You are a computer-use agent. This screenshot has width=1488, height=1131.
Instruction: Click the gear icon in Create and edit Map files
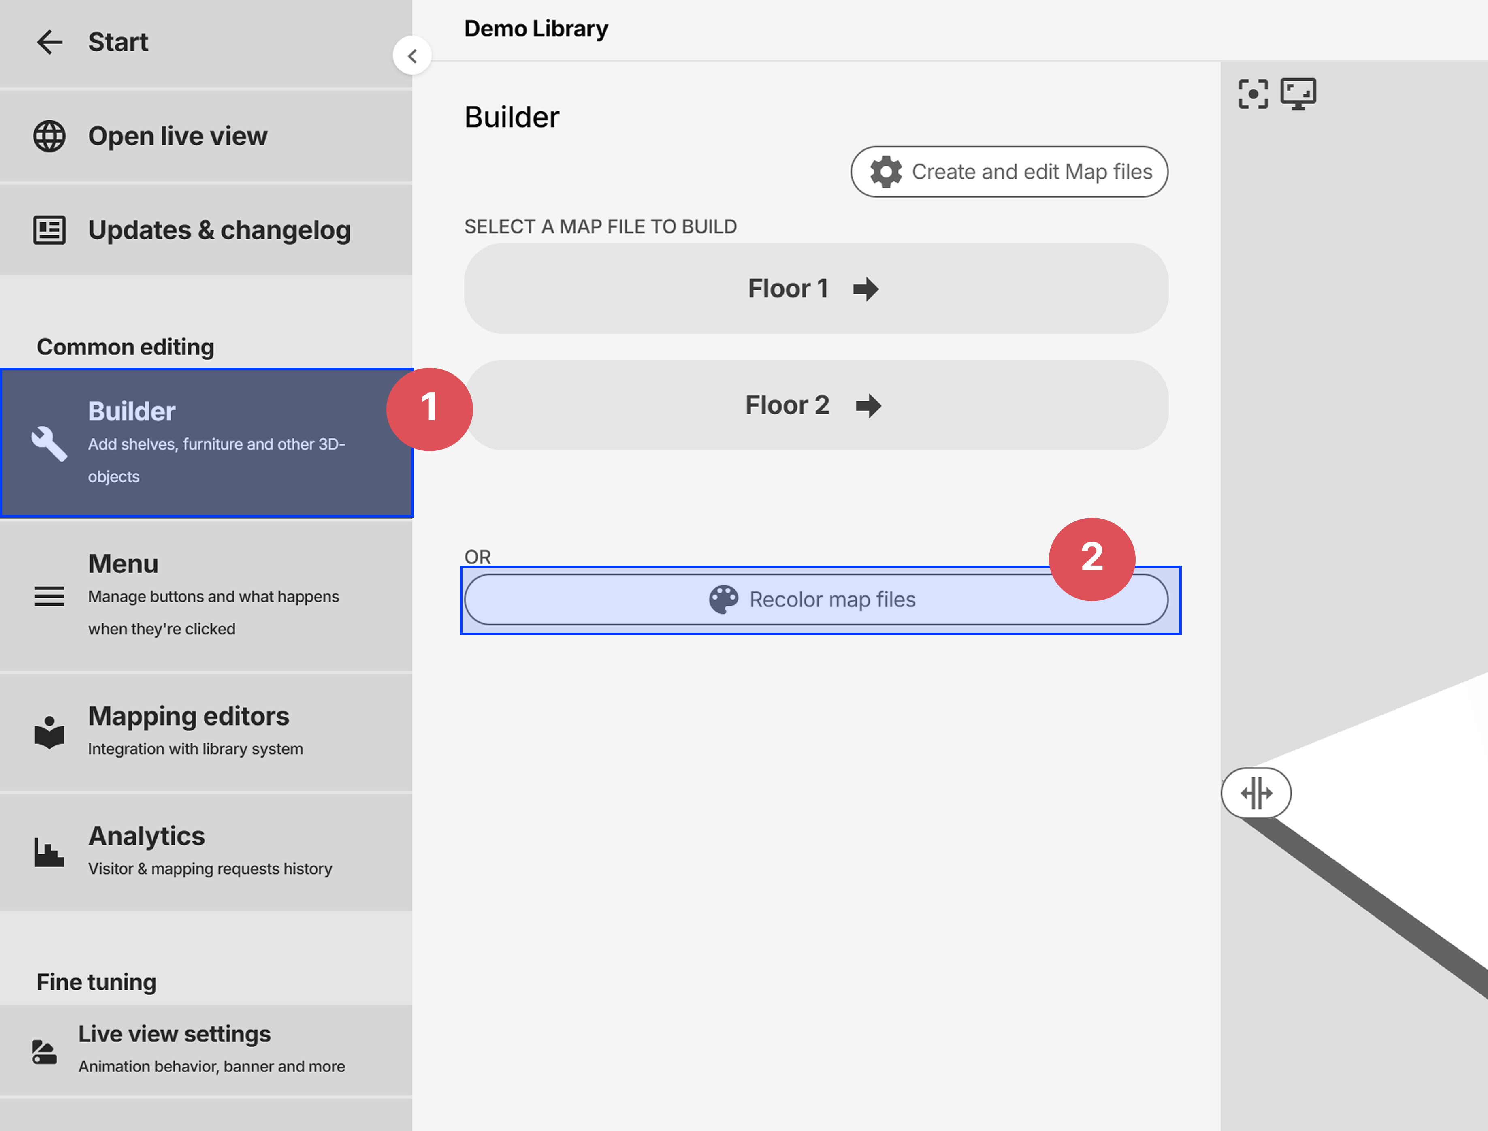click(x=886, y=172)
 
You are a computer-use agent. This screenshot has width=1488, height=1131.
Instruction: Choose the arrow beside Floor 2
click(x=868, y=405)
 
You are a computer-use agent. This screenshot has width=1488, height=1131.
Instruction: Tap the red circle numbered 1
click(x=429, y=409)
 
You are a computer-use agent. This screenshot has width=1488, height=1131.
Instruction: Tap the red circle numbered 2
click(x=1091, y=559)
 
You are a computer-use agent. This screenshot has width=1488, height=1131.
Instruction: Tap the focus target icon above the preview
click(x=1253, y=94)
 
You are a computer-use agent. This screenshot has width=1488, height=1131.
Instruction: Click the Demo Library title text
click(x=536, y=29)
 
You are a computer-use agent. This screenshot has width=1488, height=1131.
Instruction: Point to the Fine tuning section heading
click(x=96, y=982)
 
